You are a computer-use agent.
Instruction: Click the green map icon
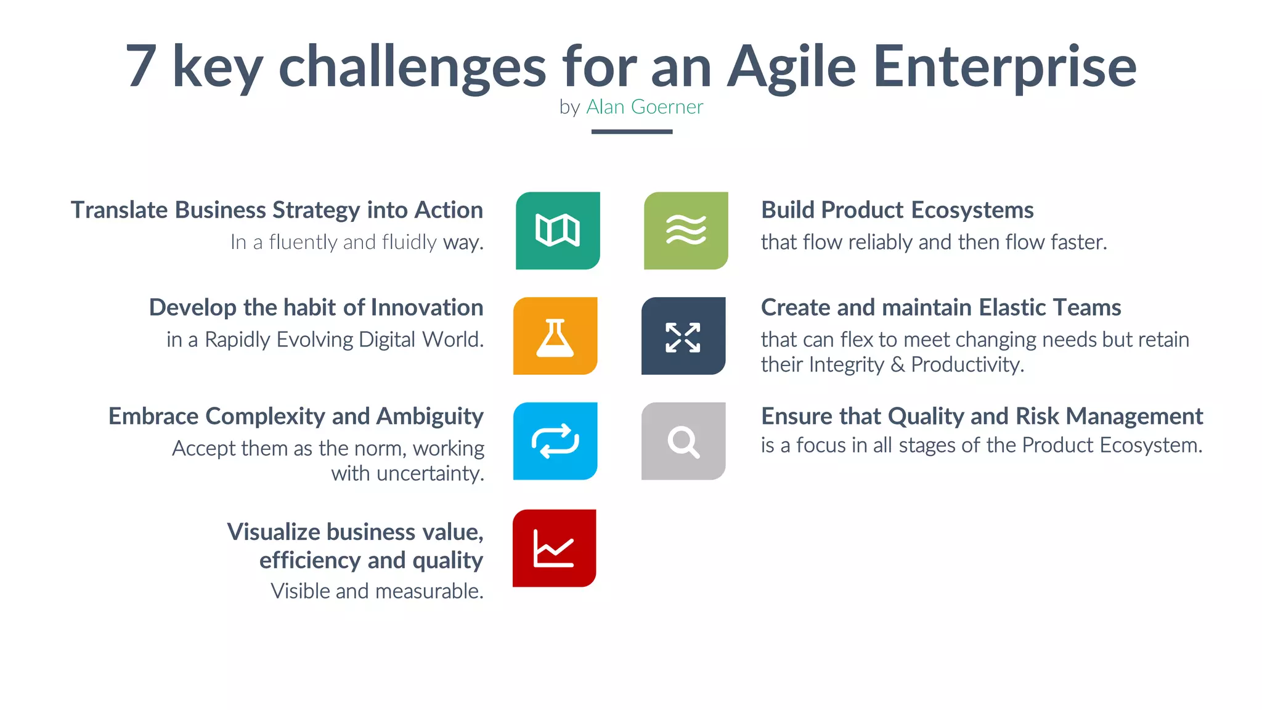(x=558, y=231)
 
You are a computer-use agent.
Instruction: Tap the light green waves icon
(x=686, y=231)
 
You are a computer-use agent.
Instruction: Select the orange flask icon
(x=555, y=337)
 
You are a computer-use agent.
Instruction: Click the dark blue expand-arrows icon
(x=683, y=337)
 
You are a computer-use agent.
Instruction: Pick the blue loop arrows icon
(x=555, y=441)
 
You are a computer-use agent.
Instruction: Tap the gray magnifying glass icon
(x=683, y=441)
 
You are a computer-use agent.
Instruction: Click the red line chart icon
(x=554, y=548)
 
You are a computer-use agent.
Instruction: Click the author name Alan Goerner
(x=644, y=107)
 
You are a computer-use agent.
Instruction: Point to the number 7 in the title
(x=140, y=67)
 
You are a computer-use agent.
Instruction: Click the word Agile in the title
(x=791, y=67)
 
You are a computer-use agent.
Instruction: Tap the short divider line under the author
(x=632, y=131)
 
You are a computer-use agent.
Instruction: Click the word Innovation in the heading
(x=426, y=308)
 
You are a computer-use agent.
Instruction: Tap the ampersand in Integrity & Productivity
(x=897, y=365)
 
